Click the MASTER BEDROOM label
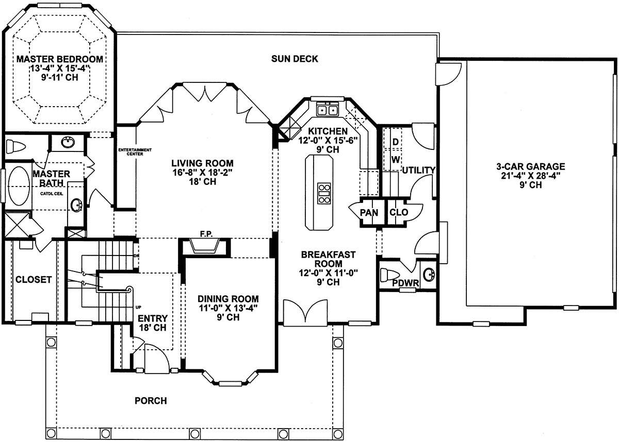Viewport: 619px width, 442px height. click(x=60, y=59)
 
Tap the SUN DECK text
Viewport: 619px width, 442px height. click(x=295, y=59)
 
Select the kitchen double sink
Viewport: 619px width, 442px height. click(x=328, y=109)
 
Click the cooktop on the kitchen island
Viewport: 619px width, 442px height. click(x=324, y=193)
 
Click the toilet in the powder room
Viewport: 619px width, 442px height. click(x=389, y=275)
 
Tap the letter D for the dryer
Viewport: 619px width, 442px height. click(x=396, y=142)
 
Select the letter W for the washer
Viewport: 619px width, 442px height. click(x=396, y=160)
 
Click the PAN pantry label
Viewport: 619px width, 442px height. click(x=369, y=212)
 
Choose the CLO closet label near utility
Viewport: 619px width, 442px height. click(x=399, y=212)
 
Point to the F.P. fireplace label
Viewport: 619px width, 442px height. click(x=206, y=234)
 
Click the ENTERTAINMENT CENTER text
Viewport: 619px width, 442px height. click(x=135, y=152)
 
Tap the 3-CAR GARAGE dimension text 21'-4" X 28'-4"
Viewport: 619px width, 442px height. click(x=531, y=176)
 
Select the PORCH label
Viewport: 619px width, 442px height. click(x=151, y=401)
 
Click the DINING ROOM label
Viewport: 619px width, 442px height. click(x=228, y=299)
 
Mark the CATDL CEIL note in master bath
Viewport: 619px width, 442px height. click(x=52, y=194)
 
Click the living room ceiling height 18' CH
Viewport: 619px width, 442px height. click(x=203, y=181)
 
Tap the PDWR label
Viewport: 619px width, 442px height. click(x=405, y=283)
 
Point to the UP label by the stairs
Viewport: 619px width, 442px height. click(x=138, y=307)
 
